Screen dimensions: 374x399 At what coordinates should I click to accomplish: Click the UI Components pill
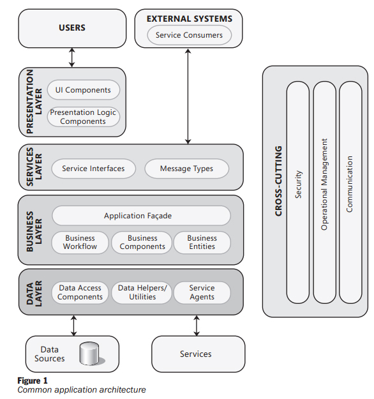coord(84,90)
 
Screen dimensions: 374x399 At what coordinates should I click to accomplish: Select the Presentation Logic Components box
coord(84,117)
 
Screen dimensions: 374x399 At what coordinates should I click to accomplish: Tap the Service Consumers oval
coord(190,35)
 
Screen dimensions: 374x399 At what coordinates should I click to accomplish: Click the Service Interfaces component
coord(94,169)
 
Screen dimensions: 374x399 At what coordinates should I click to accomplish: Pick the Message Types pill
coord(187,169)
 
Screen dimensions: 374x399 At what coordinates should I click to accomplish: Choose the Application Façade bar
coord(142,216)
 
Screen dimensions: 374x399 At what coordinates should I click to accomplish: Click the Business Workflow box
coord(80,243)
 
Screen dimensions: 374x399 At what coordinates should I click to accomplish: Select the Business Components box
coord(142,243)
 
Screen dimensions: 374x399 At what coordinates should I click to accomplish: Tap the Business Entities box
coord(202,243)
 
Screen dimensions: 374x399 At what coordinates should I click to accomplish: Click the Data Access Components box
coord(80,292)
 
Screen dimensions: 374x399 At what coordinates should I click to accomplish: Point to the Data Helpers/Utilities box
coord(142,292)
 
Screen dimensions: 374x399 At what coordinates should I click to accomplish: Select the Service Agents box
coord(202,292)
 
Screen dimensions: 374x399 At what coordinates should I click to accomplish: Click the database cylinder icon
coord(91,354)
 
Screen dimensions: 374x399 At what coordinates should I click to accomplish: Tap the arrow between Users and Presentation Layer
coord(72,57)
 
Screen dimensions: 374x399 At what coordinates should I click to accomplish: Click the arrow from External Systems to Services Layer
coord(188,96)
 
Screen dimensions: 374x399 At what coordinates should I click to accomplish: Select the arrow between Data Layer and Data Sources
coord(74,326)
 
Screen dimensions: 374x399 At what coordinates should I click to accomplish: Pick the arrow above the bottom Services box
coord(197,326)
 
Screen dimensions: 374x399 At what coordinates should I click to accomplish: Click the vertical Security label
coord(298,184)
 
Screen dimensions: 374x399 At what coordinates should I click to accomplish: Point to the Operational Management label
coord(324,184)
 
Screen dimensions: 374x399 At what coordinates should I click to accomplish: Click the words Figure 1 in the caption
coord(33,380)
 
